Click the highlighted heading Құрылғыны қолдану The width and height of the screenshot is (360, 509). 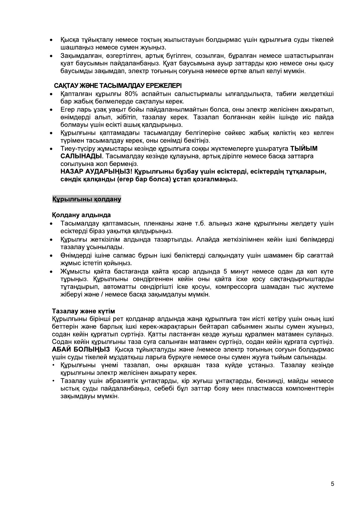click(87, 199)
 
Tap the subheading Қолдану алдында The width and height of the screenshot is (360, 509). click(81, 215)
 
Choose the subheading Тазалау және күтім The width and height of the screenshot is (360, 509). click(83, 311)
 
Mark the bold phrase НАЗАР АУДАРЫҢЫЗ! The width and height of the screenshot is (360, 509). click(96, 172)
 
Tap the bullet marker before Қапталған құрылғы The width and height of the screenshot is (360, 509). click(52, 94)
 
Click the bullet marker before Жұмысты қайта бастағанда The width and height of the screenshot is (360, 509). click(52, 271)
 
